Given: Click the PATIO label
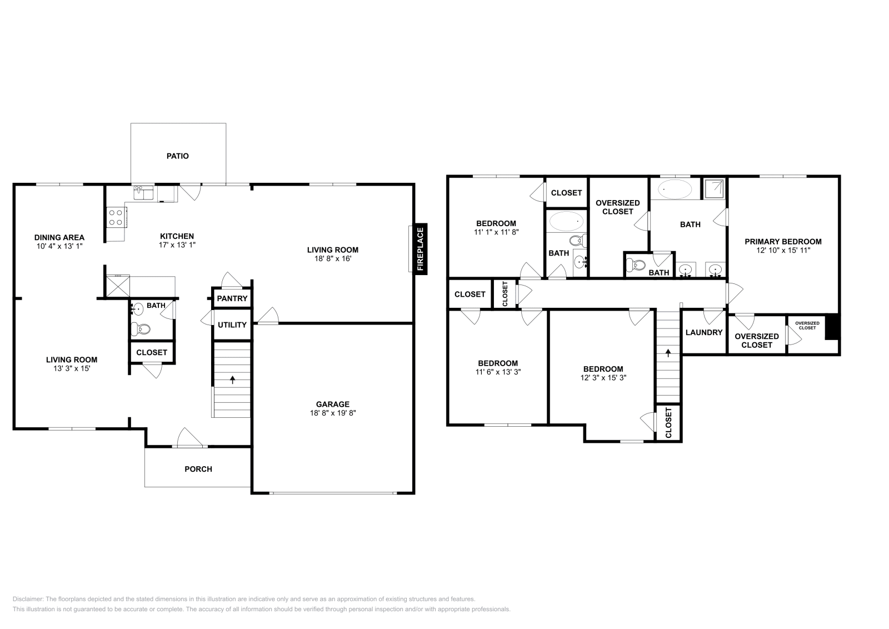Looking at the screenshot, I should pyautogui.click(x=178, y=156).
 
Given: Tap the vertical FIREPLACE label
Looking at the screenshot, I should pyautogui.click(x=421, y=249).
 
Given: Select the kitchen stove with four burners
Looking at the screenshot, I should pyautogui.click(x=116, y=216).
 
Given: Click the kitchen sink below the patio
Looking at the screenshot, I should pyautogui.click(x=143, y=193).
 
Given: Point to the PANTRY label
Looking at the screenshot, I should pyautogui.click(x=232, y=298).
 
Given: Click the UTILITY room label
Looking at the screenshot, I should pyautogui.click(x=232, y=325).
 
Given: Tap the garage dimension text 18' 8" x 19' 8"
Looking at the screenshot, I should pyautogui.click(x=333, y=413).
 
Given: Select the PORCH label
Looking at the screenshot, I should pyautogui.click(x=198, y=469).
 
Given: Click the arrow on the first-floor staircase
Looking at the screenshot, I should pyautogui.click(x=232, y=380).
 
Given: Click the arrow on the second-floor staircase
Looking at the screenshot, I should pyautogui.click(x=668, y=352).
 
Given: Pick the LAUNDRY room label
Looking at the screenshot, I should pyautogui.click(x=704, y=332).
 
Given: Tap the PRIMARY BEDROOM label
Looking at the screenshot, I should pyautogui.click(x=783, y=241).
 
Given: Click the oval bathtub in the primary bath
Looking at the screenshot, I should pyautogui.click(x=675, y=189).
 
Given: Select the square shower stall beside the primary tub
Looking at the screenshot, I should pyautogui.click(x=715, y=188).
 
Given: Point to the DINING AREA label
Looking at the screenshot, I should pyautogui.click(x=59, y=237).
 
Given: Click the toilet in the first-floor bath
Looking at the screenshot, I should pyautogui.click(x=141, y=329).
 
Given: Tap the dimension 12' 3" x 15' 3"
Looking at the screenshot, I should pyautogui.click(x=603, y=377).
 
